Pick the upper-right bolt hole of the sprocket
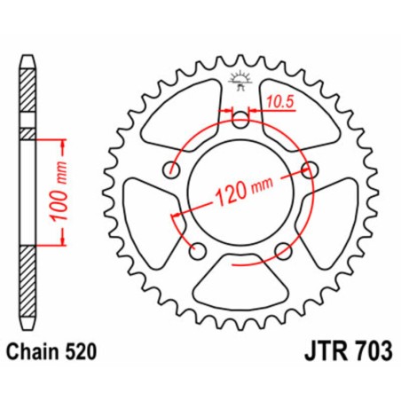(310, 169)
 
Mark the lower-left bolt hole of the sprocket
(197, 249)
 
